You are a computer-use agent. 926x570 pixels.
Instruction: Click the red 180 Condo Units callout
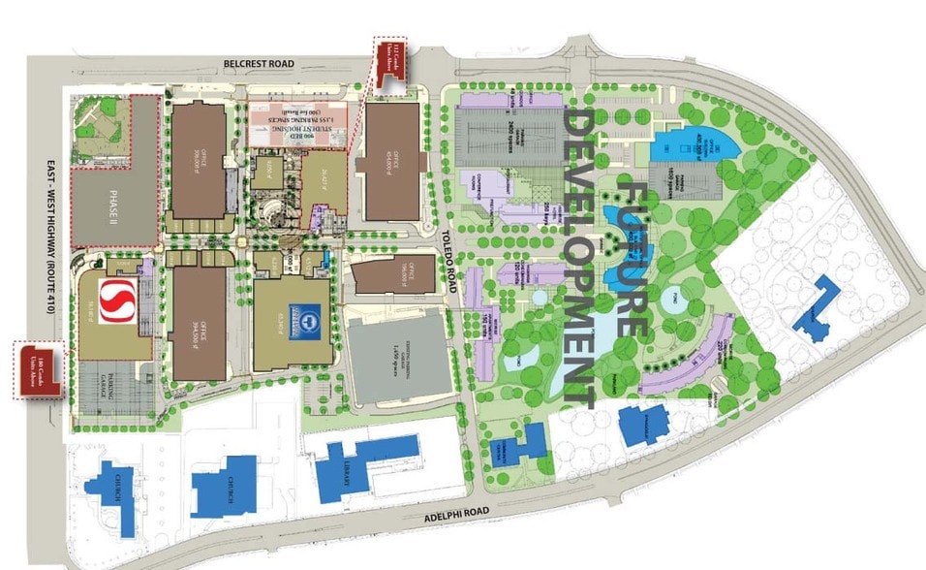pos(38,368)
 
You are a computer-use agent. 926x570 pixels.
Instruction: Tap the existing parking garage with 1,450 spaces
pos(400,358)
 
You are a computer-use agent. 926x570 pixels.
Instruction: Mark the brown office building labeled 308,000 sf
pos(199,159)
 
